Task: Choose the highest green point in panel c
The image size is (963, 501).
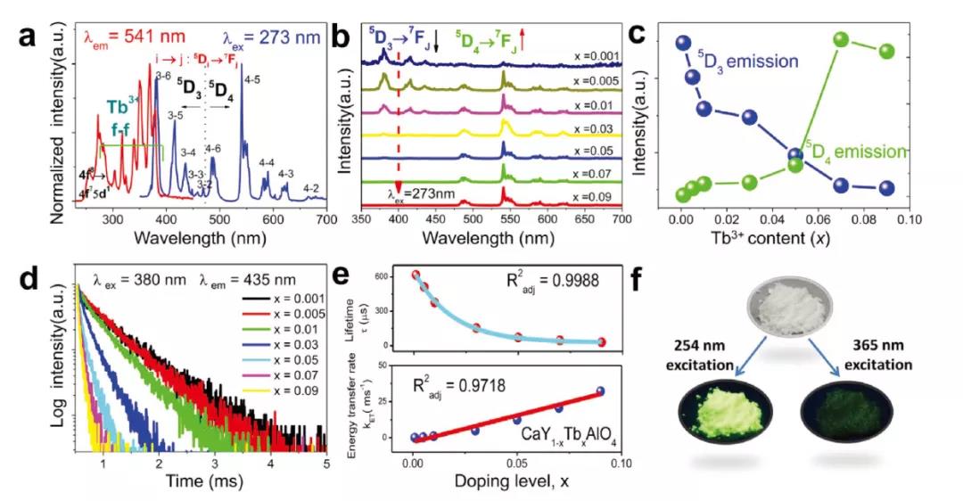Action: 841,39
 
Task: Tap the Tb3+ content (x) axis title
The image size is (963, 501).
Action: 794,242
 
